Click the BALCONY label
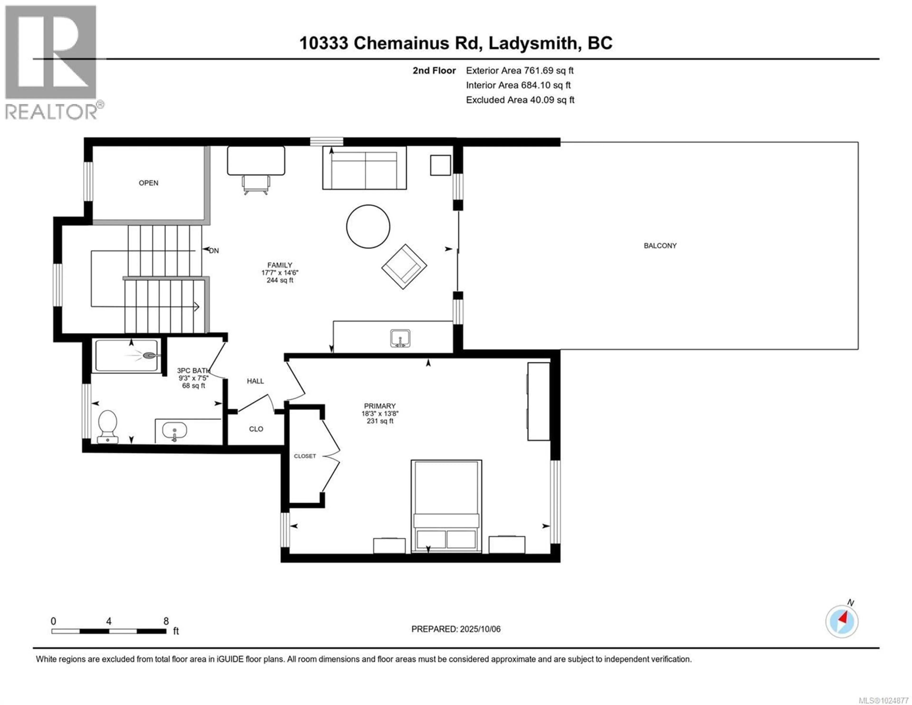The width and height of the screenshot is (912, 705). (660, 246)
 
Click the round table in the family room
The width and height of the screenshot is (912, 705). (368, 226)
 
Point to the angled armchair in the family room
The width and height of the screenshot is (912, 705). (404, 267)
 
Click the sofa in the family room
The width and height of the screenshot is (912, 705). (364, 168)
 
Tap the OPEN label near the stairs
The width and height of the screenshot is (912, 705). (148, 183)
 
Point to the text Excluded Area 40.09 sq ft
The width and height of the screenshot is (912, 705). (520, 100)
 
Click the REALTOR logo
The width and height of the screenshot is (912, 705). (51, 63)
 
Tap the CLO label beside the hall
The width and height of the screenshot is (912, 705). (256, 429)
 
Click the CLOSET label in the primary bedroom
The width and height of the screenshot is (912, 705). (305, 456)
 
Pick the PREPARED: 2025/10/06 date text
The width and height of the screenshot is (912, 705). (456, 629)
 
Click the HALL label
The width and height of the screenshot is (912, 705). (255, 381)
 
